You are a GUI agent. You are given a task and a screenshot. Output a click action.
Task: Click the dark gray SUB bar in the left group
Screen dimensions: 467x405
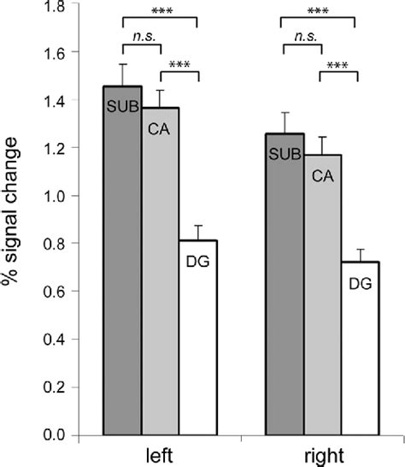[x=122, y=274]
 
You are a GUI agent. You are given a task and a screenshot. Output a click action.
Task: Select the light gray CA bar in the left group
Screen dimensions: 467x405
[x=161, y=282]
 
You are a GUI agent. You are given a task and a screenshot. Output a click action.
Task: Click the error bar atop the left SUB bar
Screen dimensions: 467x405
[x=122, y=74]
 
